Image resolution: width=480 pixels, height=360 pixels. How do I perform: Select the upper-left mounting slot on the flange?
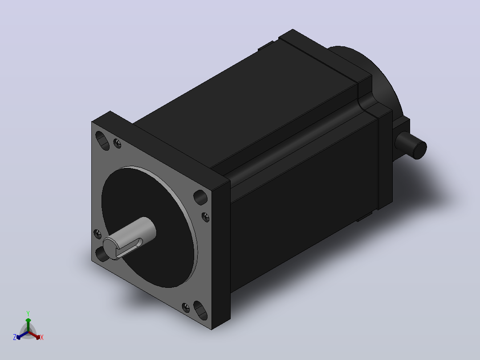click(x=102, y=141)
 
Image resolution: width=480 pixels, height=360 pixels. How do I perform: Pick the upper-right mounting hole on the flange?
click(x=200, y=197)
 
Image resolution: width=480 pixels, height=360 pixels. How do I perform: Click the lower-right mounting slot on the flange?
click(x=200, y=311)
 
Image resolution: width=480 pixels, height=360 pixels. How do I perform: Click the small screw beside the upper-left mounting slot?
click(x=117, y=143)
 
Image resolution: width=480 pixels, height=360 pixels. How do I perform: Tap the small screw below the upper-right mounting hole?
click(x=206, y=217)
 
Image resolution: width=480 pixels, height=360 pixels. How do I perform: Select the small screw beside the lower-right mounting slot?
click(x=186, y=307)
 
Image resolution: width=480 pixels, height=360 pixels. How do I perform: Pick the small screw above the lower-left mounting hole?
click(x=98, y=234)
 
